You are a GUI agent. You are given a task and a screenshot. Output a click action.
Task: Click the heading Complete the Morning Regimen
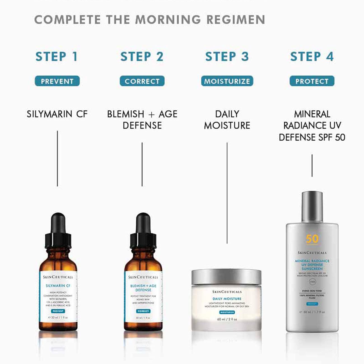(150, 20)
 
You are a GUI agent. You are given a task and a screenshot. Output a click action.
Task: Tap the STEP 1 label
(57, 57)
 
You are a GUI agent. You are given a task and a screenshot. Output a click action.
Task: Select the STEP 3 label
(227, 57)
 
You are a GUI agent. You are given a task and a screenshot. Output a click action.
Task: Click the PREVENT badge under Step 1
(57, 81)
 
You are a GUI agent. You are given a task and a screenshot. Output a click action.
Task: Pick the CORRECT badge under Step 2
(142, 81)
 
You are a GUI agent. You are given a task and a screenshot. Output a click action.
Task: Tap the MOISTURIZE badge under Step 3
(227, 81)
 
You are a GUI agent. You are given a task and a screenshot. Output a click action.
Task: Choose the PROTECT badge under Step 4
(312, 81)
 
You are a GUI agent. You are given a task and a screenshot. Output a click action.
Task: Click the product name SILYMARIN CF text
(57, 114)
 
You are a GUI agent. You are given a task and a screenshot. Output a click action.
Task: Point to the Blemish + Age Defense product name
(142, 120)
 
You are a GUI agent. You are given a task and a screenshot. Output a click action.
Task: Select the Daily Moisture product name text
(227, 120)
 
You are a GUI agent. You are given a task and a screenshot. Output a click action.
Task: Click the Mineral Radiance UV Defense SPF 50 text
(312, 125)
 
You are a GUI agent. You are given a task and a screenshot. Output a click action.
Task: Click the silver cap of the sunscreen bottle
(312, 207)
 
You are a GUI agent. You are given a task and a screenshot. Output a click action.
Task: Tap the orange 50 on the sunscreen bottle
(312, 239)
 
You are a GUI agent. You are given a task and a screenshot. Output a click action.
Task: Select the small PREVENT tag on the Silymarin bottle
(58, 311)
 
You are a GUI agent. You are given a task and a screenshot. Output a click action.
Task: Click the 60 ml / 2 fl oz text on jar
(227, 319)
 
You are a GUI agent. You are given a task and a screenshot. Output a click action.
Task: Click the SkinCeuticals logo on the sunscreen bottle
(312, 253)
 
